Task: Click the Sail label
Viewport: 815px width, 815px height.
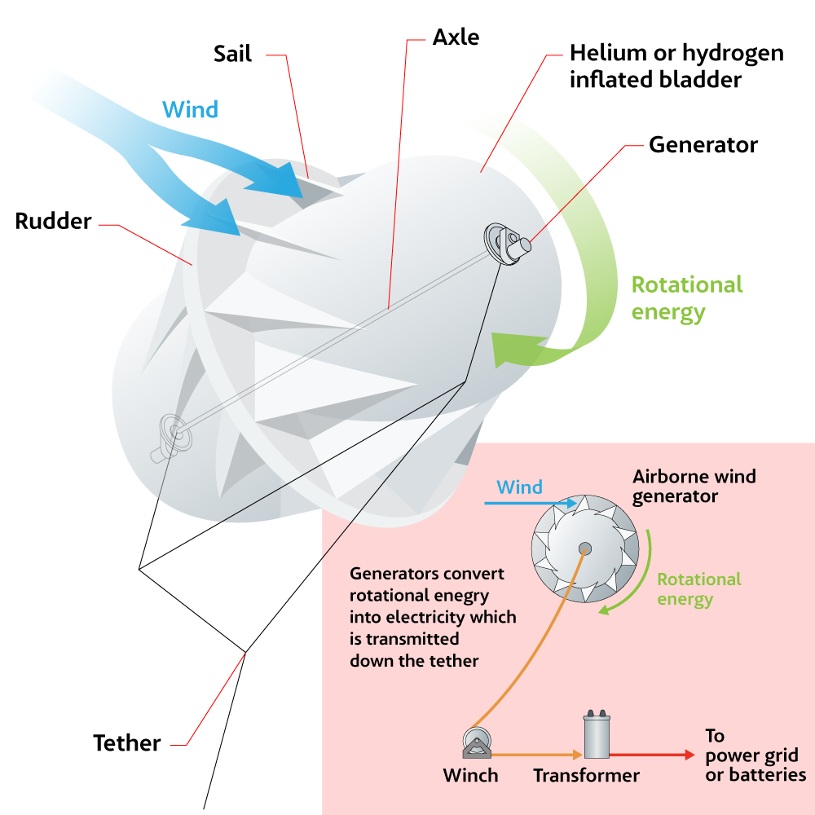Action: click(232, 54)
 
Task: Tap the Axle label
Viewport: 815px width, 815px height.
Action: click(456, 37)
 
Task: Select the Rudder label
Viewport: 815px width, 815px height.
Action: click(53, 221)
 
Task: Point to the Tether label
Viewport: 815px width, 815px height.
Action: click(127, 743)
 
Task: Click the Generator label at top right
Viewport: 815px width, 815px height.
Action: click(703, 144)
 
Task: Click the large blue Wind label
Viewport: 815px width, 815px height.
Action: click(190, 110)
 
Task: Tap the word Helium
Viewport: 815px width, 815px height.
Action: click(608, 53)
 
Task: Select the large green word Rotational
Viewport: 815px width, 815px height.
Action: click(687, 284)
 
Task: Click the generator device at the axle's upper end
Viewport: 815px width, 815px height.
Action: click(507, 244)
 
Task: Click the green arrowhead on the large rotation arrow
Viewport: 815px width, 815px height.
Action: click(518, 350)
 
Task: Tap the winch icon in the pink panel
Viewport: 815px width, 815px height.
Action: click(477, 743)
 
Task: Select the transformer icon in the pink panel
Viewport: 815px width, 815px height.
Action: click(597, 735)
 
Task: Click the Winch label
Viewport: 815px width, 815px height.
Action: click(470, 776)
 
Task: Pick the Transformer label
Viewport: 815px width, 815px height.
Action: click(586, 776)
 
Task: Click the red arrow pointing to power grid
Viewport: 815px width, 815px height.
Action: click(652, 755)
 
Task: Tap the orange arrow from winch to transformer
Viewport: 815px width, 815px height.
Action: click(537, 754)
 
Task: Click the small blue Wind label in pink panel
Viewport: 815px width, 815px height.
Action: click(519, 487)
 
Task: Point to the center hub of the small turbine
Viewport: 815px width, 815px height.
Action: click(585, 548)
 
